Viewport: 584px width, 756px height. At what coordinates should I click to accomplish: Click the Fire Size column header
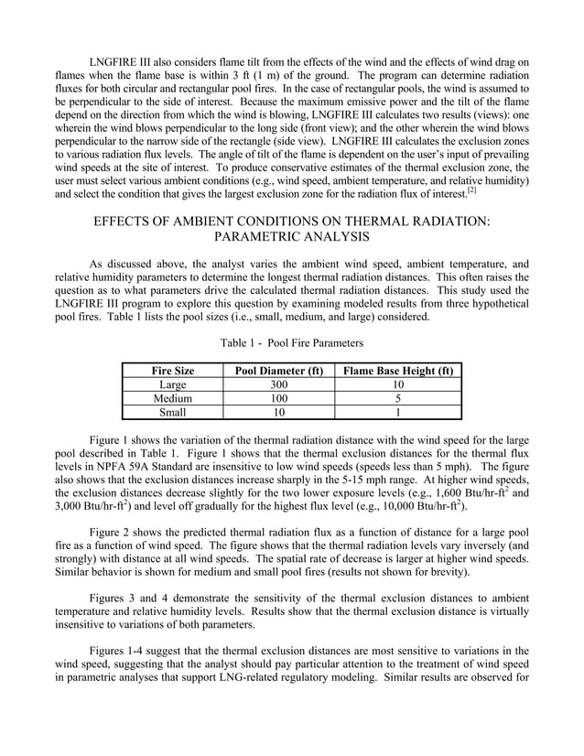point(172,372)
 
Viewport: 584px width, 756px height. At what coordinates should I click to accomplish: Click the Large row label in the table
point(172,385)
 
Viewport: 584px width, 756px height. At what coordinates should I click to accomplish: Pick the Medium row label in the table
point(172,399)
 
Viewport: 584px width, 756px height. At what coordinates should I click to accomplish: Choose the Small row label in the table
point(172,413)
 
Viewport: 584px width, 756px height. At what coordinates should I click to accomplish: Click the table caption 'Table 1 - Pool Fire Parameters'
point(292,342)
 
